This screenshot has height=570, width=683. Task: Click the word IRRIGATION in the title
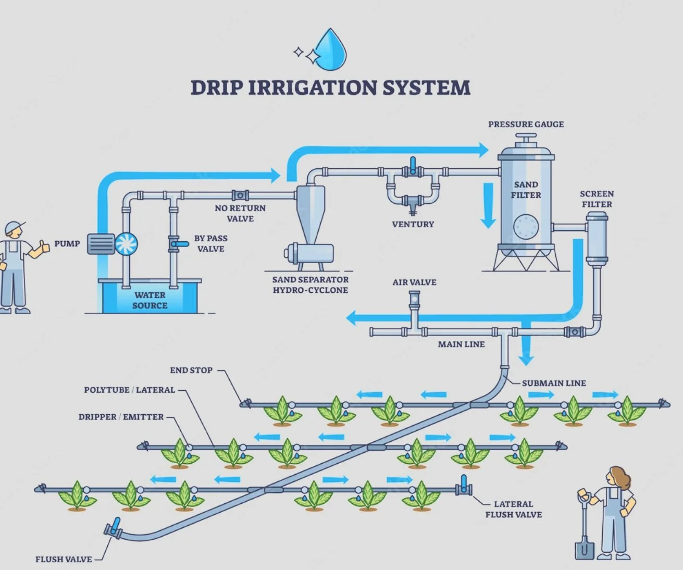313,88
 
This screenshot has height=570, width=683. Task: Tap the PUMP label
67,243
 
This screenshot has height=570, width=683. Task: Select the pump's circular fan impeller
126,243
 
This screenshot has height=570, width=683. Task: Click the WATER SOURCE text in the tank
150,300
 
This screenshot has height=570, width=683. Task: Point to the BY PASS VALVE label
210,243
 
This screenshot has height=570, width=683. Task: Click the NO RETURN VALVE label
240,213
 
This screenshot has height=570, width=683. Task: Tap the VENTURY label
413,225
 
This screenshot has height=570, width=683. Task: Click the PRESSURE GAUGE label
526,125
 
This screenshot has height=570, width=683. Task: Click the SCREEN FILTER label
597,199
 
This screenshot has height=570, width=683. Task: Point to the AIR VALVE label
414,282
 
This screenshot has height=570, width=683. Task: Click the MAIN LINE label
461,344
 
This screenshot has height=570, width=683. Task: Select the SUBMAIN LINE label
554,383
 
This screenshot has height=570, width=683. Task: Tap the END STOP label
191,370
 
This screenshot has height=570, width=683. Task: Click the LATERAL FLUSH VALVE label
513,509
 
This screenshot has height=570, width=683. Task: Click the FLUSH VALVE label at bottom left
64,559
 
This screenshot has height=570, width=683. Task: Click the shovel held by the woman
584,542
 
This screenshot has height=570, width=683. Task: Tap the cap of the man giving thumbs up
14,227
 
